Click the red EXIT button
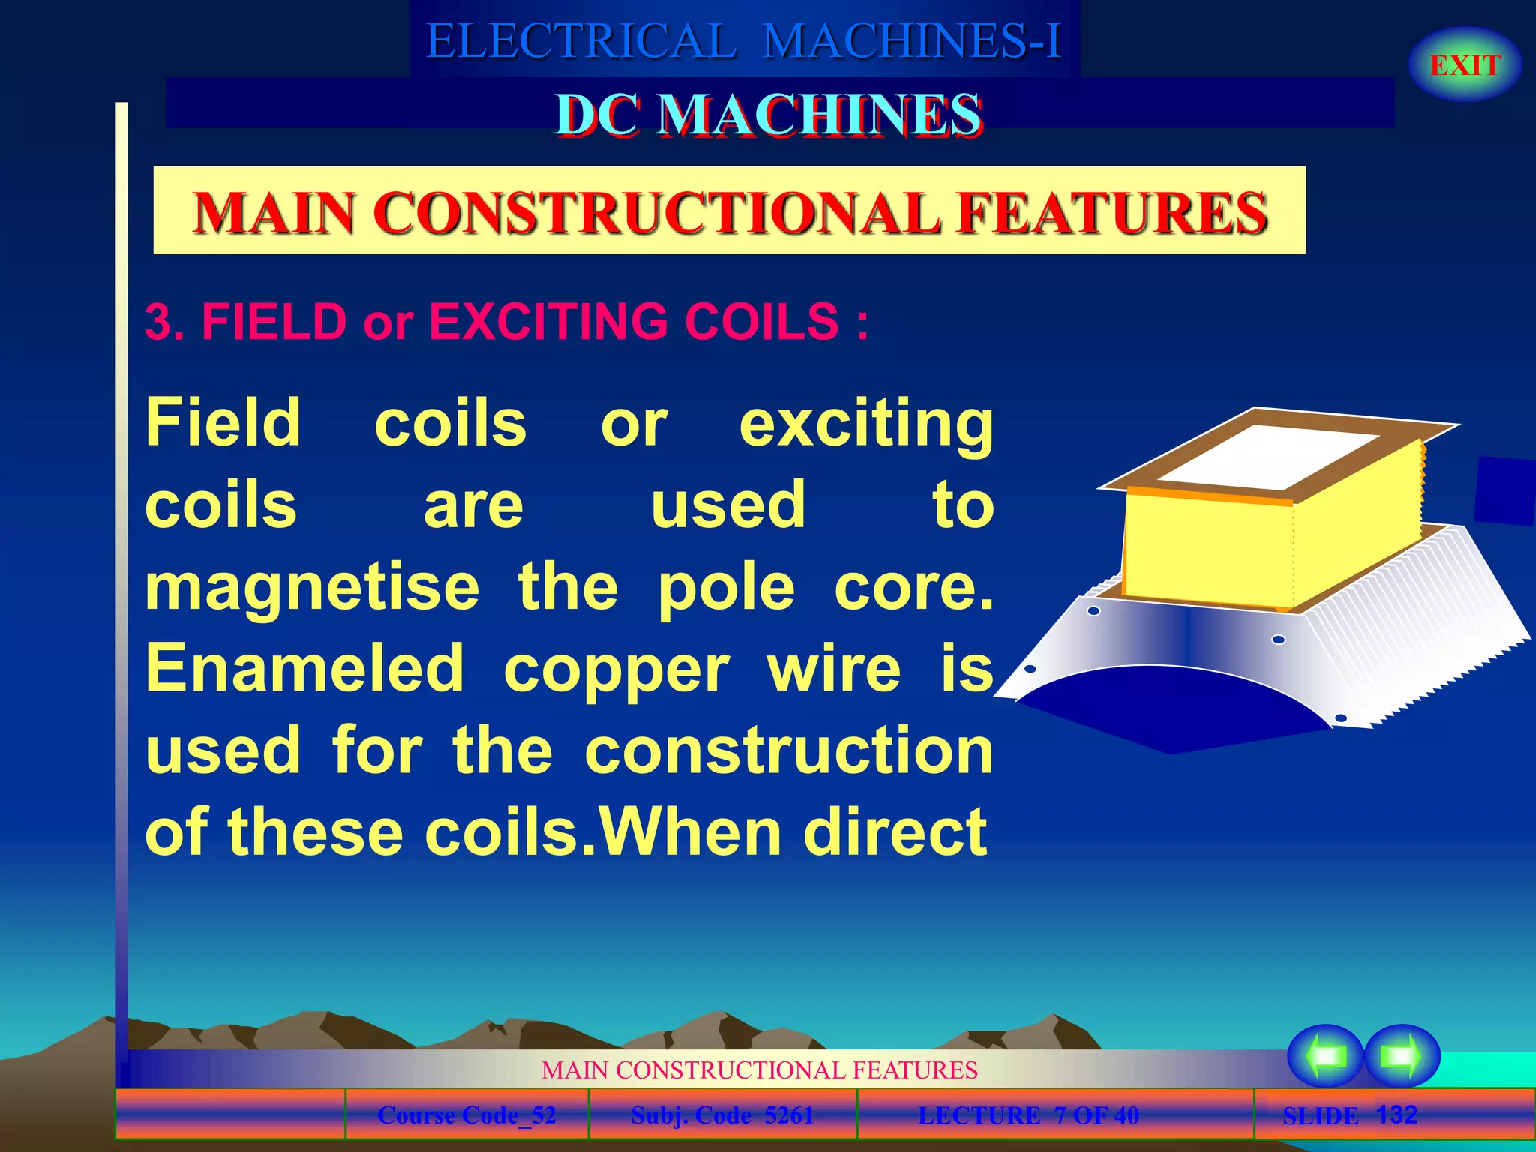(1465, 65)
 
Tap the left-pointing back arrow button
(1325, 1056)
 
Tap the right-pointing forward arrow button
(1402, 1056)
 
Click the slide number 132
(1396, 1114)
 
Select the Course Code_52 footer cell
(466, 1115)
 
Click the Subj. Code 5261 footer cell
(722, 1115)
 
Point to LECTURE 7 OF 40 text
(1028, 1115)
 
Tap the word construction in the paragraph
(789, 751)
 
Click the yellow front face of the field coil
(1207, 551)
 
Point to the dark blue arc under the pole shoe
(1170, 709)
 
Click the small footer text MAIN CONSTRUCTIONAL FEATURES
(759, 1069)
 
